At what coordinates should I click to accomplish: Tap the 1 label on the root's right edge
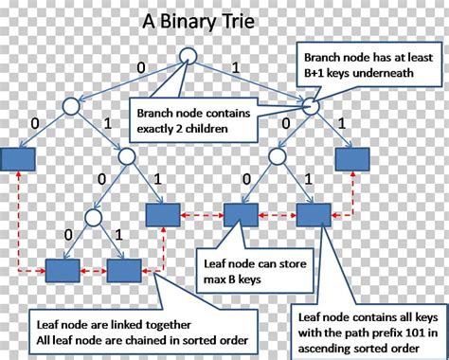tap(237, 65)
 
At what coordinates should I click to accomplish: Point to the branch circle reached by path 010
tap(92, 218)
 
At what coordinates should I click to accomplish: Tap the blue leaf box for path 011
tap(162, 214)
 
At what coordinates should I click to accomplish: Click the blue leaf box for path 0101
tap(123, 271)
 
